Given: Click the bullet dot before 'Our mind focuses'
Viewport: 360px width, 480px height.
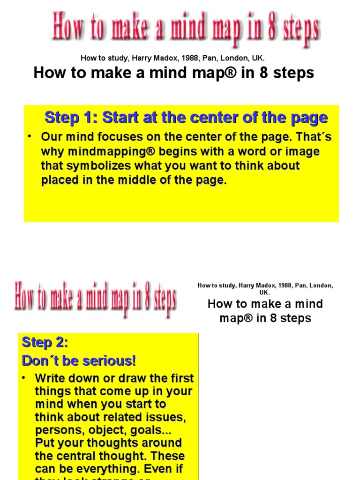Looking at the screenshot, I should [x=29, y=136].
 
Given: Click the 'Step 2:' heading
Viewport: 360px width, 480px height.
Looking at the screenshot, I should [x=45, y=343].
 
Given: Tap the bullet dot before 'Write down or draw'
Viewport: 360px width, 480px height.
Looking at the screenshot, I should [x=26, y=377].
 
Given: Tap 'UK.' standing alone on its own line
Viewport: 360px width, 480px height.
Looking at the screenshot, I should [x=265, y=292].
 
